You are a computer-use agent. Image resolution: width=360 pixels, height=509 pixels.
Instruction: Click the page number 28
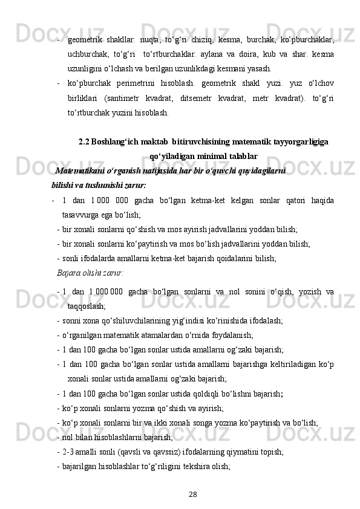pyautogui.click(x=192, y=494)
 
